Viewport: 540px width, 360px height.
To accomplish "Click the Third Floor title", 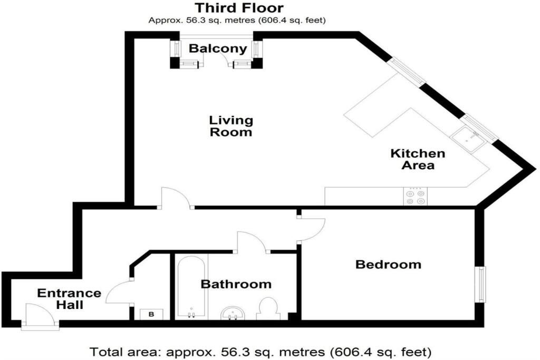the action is [x=239, y=7].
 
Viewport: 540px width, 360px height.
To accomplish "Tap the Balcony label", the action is [x=218, y=48].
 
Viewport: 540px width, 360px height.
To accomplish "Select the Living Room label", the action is [x=231, y=126].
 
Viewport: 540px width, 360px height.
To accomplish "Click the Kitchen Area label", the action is [x=418, y=159].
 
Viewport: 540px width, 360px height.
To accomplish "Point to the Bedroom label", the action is [x=388, y=264].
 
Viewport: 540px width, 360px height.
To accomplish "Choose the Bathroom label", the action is [x=236, y=284].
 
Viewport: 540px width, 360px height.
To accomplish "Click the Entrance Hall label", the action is [x=69, y=299].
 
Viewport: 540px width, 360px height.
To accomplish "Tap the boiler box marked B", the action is [x=151, y=314].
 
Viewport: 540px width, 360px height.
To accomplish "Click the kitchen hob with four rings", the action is [x=416, y=197].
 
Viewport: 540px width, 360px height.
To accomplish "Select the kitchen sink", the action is [x=469, y=138].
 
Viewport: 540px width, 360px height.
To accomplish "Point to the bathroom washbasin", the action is [x=233, y=313].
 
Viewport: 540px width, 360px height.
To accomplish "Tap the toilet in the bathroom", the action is [x=268, y=309].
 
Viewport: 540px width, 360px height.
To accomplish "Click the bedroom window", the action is [x=481, y=284].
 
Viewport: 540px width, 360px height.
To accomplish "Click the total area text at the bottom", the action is [x=261, y=352].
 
